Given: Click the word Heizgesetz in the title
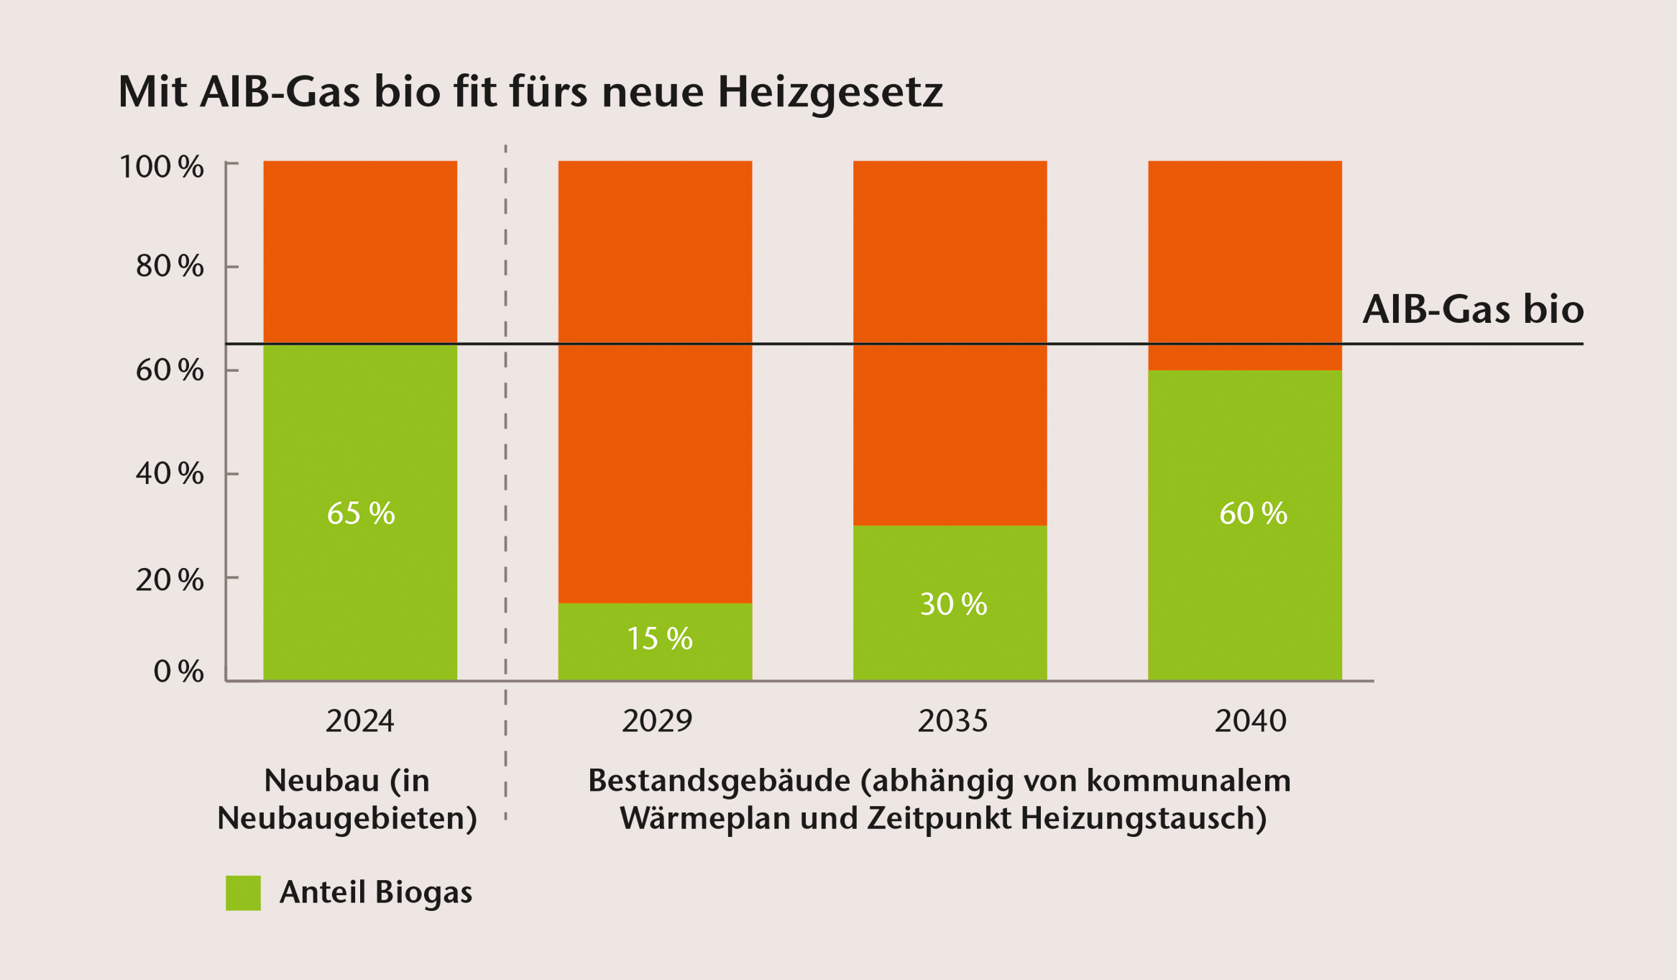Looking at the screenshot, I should [x=830, y=92].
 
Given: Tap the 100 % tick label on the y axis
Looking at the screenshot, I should [x=161, y=167].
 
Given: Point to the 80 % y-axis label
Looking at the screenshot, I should [x=170, y=266].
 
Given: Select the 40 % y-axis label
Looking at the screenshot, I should [x=170, y=473].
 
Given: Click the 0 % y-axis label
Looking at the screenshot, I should [x=178, y=671].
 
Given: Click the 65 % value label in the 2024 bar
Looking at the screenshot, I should [x=361, y=513].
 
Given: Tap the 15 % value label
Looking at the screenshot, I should [x=659, y=638].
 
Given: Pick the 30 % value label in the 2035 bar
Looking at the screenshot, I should [x=953, y=604].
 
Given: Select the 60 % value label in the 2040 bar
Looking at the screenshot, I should [x=1253, y=513].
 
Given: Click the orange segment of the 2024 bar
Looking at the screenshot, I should [x=360, y=252].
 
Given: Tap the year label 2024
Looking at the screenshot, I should [x=360, y=721].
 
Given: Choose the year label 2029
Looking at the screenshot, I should [x=657, y=721].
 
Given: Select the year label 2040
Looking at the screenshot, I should [x=1250, y=721].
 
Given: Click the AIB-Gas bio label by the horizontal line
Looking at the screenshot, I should [x=1472, y=309].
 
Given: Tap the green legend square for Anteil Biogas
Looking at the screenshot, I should [x=243, y=892].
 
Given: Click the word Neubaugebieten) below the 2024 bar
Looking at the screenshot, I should [x=347, y=818].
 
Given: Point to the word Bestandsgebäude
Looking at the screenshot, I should [x=719, y=781].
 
